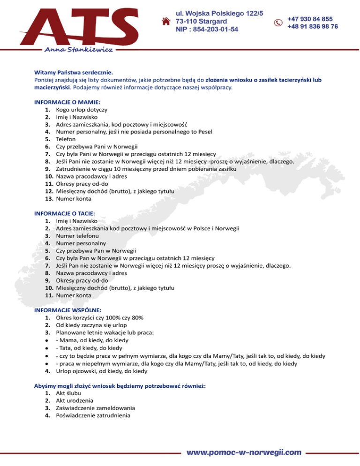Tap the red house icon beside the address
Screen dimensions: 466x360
point(165,22)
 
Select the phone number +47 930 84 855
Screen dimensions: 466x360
point(310,19)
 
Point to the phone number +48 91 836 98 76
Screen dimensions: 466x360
point(312,27)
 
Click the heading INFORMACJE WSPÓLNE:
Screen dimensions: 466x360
point(69,310)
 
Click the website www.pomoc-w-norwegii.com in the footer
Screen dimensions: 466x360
point(244,452)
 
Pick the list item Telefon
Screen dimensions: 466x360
point(66,139)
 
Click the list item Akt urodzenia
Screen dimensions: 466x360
point(74,401)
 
